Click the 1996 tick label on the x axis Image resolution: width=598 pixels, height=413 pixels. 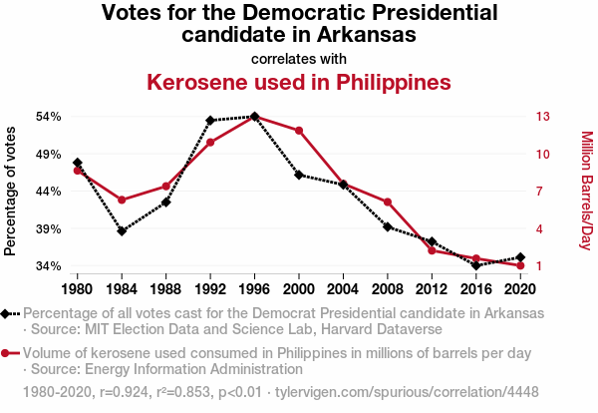pos(255,289)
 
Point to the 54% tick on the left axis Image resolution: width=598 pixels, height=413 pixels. pos(49,116)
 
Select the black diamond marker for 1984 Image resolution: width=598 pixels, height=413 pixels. pos(122,231)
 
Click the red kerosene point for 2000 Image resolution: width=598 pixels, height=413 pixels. pos(299,131)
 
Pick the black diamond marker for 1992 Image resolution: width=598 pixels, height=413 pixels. pos(210,121)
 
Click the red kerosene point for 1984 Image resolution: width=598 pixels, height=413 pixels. pos(122,201)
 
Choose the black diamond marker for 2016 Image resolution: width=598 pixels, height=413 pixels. pos(476,265)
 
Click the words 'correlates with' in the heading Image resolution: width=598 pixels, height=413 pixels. pos(299,57)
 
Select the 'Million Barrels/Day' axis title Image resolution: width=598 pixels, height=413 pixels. pos(586,191)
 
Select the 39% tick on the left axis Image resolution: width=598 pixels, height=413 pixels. pos(49,228)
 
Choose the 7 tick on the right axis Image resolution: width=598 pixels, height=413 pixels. pos(541,191)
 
